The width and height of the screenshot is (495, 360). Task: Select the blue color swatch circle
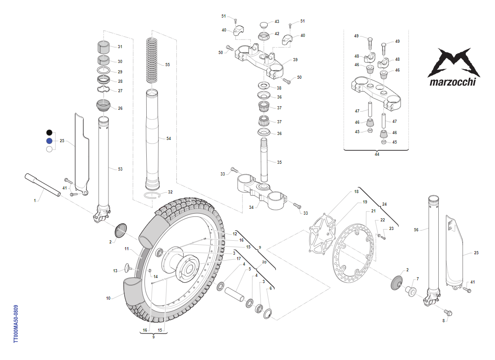49,141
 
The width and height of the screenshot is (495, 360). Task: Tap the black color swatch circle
49,132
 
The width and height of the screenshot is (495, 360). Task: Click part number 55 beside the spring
167,65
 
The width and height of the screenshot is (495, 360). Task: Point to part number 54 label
169,139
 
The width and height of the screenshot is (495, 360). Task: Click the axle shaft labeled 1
43,184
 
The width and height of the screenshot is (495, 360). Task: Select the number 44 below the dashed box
377,154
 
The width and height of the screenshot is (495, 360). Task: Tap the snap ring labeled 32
153,195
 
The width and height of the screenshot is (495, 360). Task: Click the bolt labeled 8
449,312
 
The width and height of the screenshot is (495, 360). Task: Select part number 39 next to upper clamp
295,59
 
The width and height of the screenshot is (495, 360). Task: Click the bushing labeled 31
104,47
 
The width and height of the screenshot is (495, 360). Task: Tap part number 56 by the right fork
417,229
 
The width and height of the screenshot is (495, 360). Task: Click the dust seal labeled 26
104,106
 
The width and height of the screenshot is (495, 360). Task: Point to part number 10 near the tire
108,298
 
